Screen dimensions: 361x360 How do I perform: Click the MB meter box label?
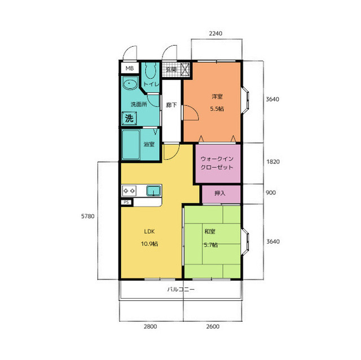click(x=130, y=68)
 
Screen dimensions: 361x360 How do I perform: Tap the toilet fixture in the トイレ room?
click(x=151, y=72)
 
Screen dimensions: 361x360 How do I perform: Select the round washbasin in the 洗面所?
click(x=130, y=83)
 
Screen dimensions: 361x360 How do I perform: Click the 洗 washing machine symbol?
click(x=129, y=119)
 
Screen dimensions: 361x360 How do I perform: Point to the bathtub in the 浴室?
click(x=131, y=145)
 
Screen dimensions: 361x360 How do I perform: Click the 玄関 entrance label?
click(x=171, y=69)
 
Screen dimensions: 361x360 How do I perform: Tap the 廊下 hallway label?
click(x=171, y=105)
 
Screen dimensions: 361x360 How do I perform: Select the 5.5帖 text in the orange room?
click(x=217, y=109)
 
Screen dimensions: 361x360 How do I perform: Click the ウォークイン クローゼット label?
click(x=217, y=163)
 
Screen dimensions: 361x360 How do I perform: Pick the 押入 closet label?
click(x=220, y=193)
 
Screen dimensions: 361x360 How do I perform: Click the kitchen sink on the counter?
click(x=153, y=191)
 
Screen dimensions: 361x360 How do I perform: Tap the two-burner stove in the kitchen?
click(x=129, y=191)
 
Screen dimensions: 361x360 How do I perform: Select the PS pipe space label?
click(x=126, y=202)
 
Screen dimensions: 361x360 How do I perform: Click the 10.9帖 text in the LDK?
click(x=149, y=244)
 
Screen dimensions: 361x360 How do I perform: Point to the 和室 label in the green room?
click(x=210, y=232)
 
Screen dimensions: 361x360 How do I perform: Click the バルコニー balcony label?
click(x=180, y=289)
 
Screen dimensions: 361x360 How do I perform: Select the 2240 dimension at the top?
click(x=215, y=34)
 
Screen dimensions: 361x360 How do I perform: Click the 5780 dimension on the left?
click(x=88, y=216)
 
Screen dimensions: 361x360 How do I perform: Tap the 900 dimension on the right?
click(x=271, y=193)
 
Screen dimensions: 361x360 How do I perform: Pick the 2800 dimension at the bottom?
click(x=151, y=326)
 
